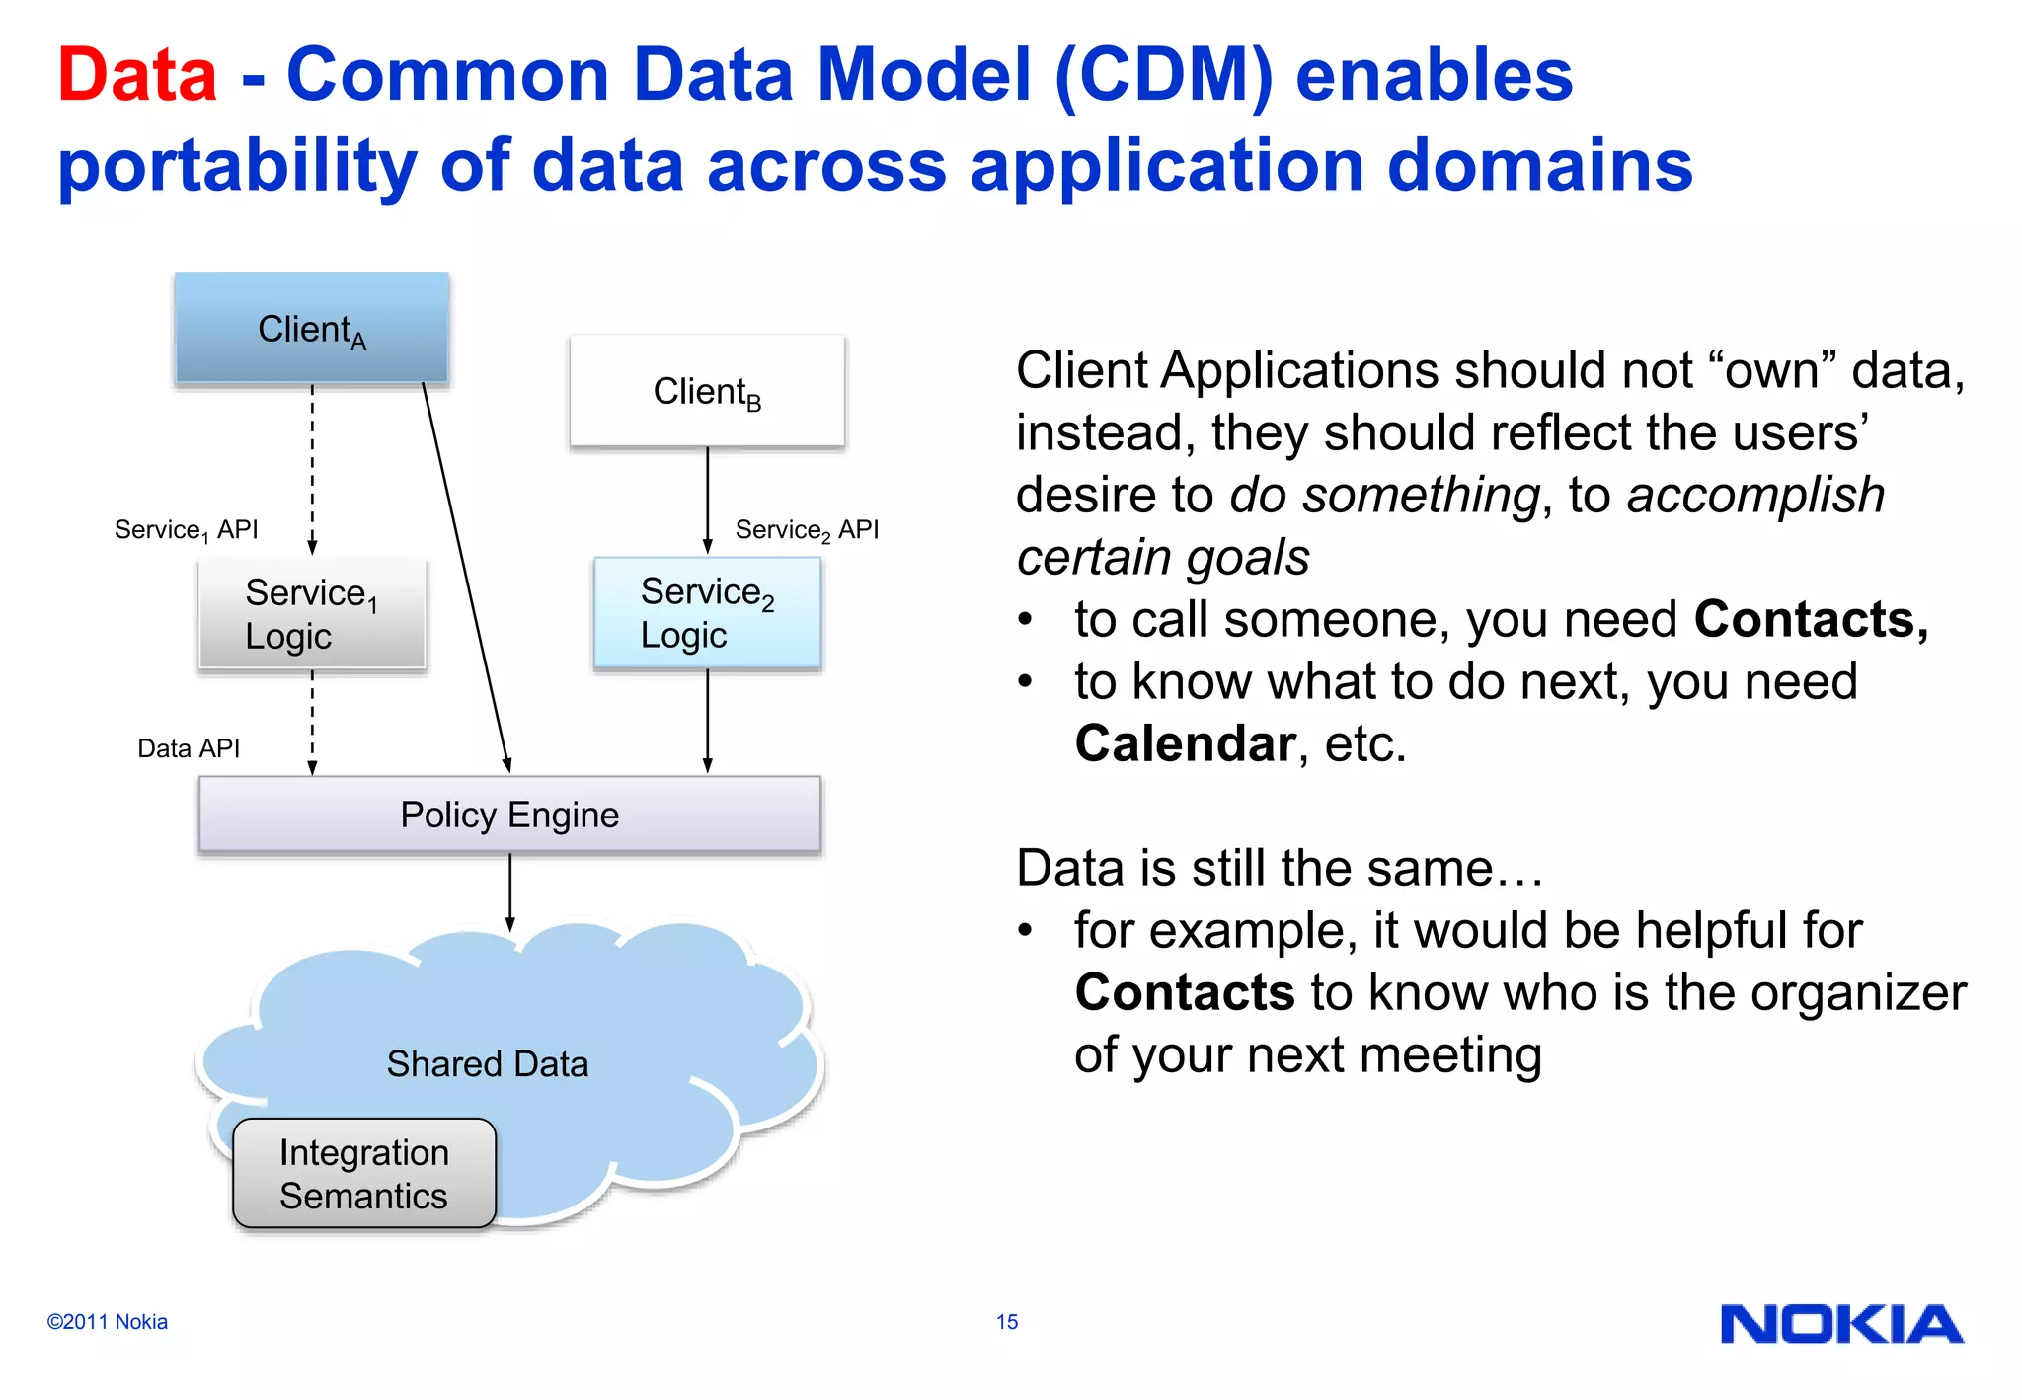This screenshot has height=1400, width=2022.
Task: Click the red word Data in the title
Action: click(x=137, y=75)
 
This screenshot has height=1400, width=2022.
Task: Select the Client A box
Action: click(x=311, y=329)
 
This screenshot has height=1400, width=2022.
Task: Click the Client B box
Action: click(x=707, y=392)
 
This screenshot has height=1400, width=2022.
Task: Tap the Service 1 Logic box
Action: click(x=311, y=614)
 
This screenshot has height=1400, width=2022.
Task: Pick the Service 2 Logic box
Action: click(x=707, y=613)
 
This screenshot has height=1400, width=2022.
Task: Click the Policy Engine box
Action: click(x=509, y=815)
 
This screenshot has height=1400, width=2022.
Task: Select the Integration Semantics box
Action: click(x=363, y=1174)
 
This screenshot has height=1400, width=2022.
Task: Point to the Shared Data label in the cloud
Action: click(x=488, y=1063)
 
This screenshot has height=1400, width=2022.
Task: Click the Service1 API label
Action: click(x=186, y=530)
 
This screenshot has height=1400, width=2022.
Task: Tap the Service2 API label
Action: click(x=807, y=530)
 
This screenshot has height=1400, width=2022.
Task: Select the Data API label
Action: click(x=189, y=748)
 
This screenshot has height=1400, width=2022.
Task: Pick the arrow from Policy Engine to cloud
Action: click(x=509, y=892)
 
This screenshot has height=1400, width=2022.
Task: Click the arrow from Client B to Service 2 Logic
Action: click(x=707, y=499)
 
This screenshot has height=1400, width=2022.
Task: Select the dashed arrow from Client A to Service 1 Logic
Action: click(x=312, y=469)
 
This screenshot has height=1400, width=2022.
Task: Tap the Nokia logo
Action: click(x=1841, y=1324)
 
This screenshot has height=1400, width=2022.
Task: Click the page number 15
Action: click(x=1006, y=1322)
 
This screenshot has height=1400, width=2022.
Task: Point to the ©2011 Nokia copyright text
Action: click(x=107, y=1322)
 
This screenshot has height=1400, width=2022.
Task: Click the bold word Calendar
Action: click(x=1184, y=743)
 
